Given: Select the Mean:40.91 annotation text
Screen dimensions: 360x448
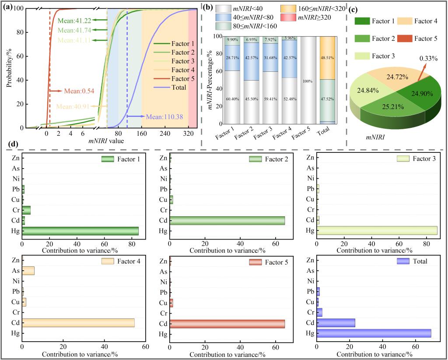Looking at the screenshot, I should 72,106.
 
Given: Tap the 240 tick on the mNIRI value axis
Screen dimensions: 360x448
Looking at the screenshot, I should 164,133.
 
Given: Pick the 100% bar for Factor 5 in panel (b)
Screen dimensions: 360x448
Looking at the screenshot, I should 309,80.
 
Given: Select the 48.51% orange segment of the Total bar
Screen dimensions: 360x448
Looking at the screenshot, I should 328,58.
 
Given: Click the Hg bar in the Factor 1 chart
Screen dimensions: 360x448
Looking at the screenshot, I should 80,231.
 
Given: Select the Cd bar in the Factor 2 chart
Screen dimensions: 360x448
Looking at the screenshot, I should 227,220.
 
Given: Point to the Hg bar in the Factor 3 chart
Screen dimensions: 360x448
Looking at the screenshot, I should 377,231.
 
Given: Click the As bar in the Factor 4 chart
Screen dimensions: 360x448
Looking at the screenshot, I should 28,271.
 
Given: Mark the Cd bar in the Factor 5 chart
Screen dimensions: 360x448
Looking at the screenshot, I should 227,324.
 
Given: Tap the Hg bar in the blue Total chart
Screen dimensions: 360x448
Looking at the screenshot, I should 374,334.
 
